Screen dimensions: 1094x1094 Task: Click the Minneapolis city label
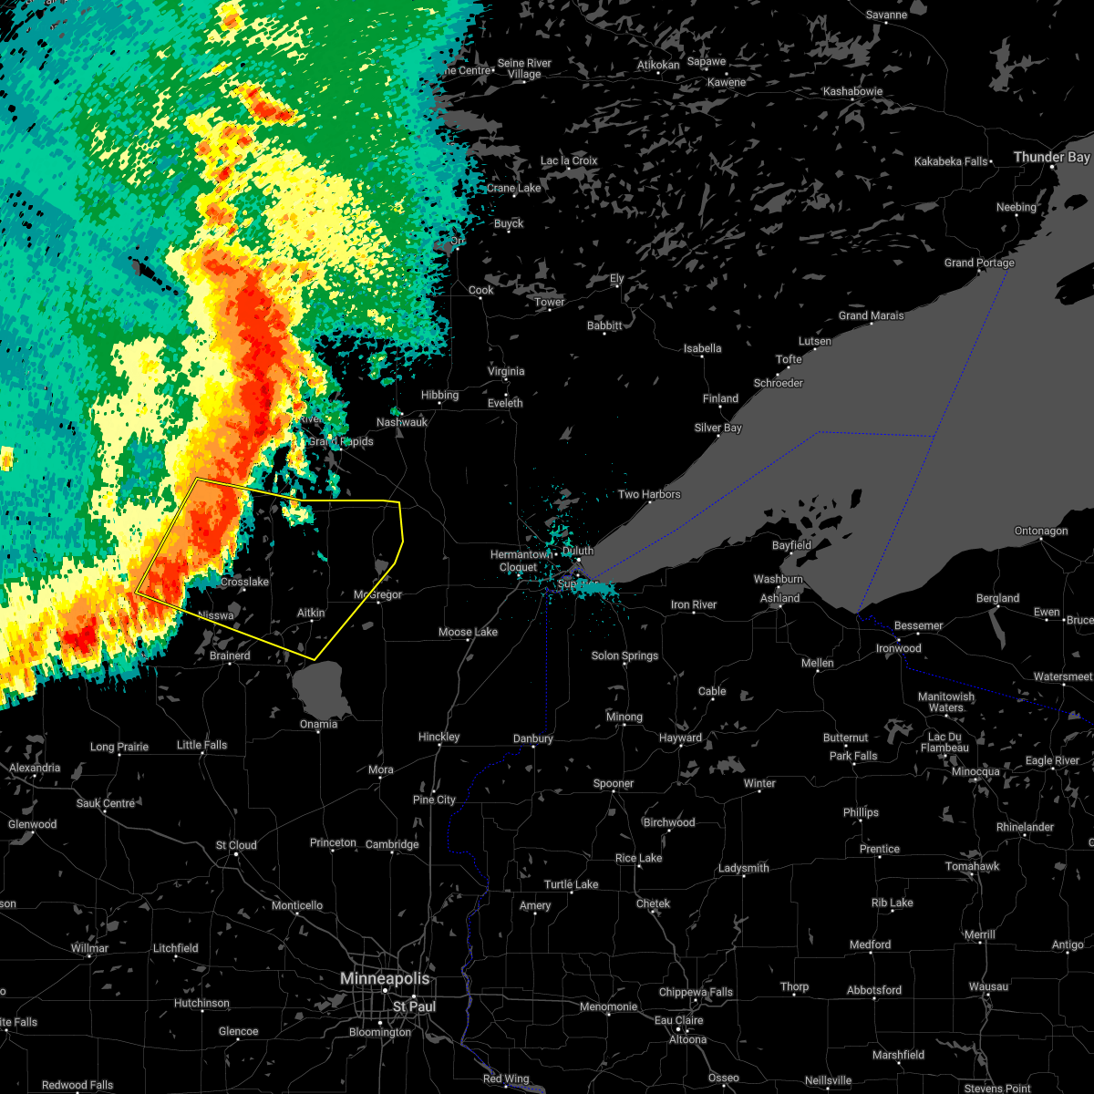point(384,978)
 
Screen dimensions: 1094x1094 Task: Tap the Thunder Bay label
point(1051,157)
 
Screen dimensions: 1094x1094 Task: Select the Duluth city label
point(577,551)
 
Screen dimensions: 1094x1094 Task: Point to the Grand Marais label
point(872,315)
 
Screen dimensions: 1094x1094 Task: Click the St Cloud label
point(236,845)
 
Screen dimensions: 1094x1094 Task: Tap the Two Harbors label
point(649,494)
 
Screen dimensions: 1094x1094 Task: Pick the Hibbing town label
point(439,395)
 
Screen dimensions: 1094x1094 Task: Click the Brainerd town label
point(230,655)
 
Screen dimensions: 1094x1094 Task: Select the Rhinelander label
point(1025,827)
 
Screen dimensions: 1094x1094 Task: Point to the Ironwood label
point(898,648)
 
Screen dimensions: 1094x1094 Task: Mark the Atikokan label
point(658,65)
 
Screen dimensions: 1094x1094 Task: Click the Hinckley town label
point(439,737)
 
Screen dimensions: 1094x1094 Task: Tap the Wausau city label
point(988,986)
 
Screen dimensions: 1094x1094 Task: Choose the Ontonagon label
point(1040,531)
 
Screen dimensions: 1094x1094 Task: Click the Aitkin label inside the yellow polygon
point(311,614)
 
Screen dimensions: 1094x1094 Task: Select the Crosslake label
point(244,582)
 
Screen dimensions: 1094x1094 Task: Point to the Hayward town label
point(680,738)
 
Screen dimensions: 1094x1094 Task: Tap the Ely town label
point(617,278)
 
